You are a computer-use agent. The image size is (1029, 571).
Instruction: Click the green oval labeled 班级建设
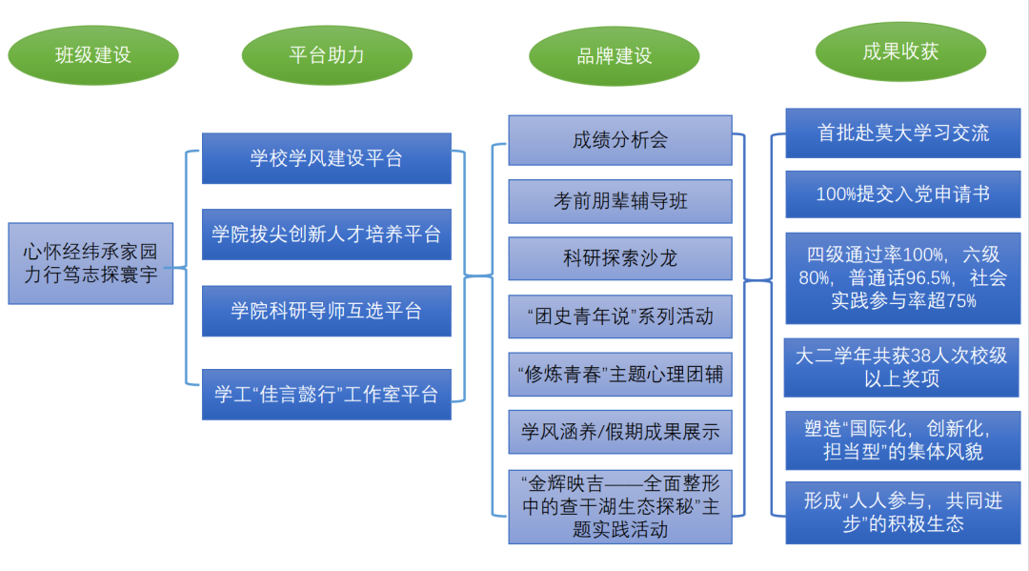92,54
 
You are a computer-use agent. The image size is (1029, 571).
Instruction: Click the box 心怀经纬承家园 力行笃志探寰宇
91,264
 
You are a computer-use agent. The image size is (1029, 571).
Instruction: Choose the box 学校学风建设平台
326,158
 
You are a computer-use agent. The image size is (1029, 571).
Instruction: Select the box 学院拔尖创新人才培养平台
326,234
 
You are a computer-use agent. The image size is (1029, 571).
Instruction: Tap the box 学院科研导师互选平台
326,311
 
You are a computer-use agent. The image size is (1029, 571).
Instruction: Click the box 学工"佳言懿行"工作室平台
326,394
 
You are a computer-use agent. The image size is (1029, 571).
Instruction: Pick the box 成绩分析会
619,140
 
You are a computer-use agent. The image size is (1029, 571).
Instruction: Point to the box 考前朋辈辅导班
619,201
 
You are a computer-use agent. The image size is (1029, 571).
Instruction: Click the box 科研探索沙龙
619,258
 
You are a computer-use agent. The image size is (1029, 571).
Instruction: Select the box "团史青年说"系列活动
619,316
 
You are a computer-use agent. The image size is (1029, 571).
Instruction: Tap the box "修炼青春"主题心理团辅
619,375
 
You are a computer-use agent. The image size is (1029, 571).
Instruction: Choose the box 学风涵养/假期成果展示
619,433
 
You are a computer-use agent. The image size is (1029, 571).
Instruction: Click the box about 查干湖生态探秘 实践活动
619,506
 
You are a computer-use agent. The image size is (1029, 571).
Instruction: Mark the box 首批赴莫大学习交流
902,133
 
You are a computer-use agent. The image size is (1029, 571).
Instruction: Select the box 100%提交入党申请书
902,194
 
